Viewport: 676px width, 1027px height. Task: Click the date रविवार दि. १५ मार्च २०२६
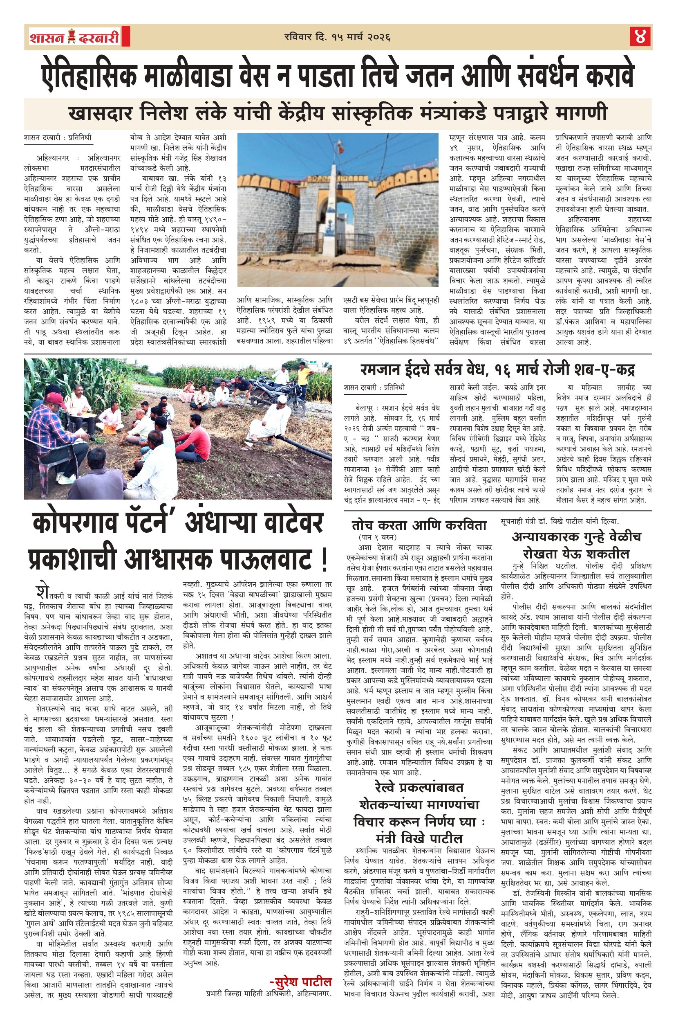[x=338, y=37]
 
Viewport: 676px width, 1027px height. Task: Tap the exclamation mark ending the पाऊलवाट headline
[x=324, y=560]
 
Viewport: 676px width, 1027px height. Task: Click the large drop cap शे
[x=42, y=591]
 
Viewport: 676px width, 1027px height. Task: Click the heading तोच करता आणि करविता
[x=419, y=525]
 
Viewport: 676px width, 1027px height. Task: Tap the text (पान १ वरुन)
[x=378, y=537]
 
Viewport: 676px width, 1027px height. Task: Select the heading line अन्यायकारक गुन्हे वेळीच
[x=576, y=537]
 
